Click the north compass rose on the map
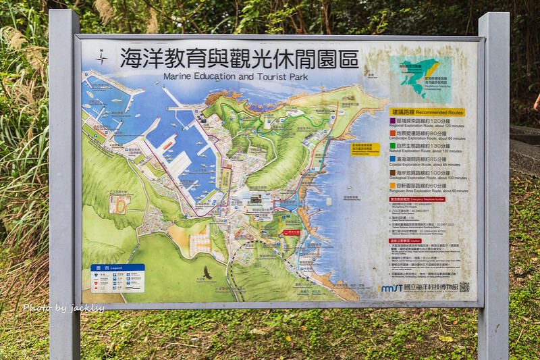(101, 58)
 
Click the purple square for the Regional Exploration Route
(394, 122)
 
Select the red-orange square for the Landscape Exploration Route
(394, 134)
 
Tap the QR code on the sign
(464, 287)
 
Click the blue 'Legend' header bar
(117, 267)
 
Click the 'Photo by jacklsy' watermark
(63, 308)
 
